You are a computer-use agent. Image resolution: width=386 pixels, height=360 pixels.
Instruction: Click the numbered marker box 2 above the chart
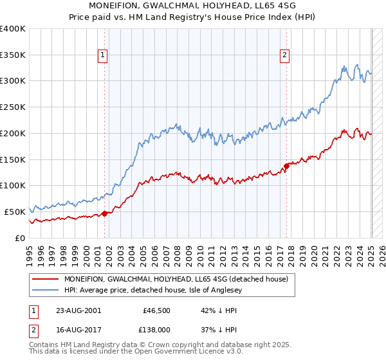(x=284, y=56)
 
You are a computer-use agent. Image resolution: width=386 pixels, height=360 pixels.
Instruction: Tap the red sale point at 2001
(x=105, y=214)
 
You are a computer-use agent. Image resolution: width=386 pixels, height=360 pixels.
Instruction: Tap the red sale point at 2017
(x=286, y=166)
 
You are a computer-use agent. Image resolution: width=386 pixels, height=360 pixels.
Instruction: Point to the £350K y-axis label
(x=13, y=55)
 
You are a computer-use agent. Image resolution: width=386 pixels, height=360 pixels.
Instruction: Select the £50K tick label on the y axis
(x=15, y=212)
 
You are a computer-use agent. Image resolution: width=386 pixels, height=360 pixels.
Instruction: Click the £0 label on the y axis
(x=19, y=238)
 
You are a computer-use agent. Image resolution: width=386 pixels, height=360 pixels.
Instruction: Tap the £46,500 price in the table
(x=156, y=310)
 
